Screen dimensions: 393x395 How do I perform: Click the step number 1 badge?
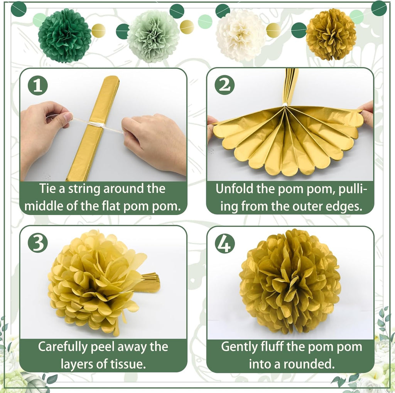38,86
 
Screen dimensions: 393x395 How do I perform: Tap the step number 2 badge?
225,86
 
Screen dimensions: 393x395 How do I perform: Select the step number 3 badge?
38,243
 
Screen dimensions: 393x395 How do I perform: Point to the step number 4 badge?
225,243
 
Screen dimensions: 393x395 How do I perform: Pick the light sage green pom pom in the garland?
153,36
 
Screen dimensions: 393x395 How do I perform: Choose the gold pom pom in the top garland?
331,34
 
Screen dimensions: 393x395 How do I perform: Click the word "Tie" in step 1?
48,189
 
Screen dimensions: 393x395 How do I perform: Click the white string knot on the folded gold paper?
95,125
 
